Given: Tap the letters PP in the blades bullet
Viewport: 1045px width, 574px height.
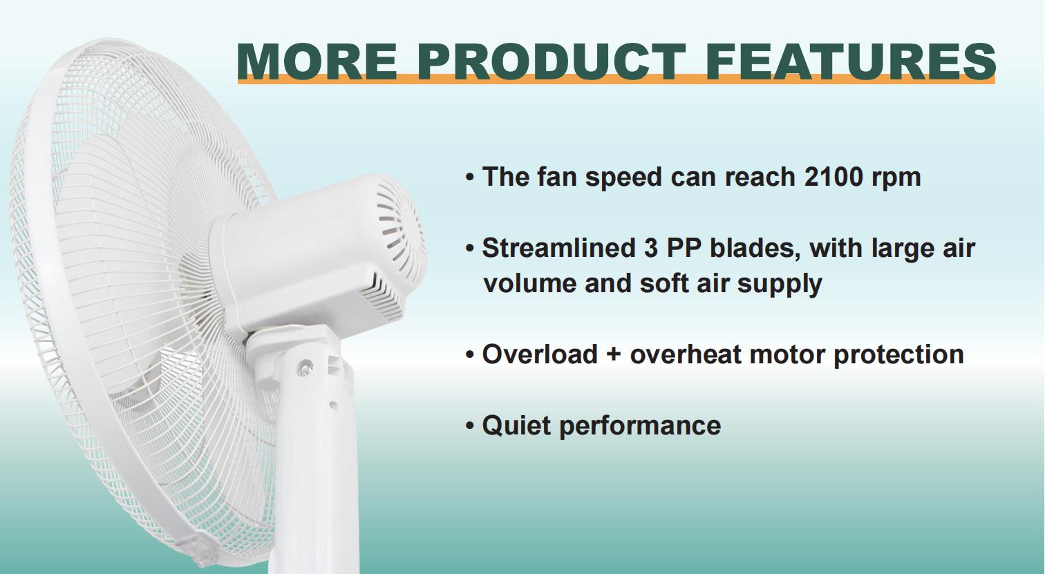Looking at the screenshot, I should coord(665,248).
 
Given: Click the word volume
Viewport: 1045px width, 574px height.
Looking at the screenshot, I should coord(529,283).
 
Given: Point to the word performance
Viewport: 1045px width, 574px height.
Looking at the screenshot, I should coord(639,425).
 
